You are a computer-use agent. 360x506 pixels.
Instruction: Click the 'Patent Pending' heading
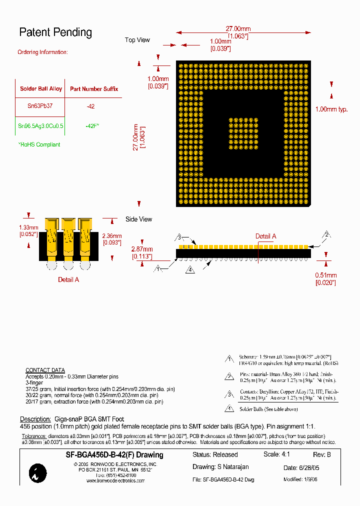pyautogui.click(x=55, y=32)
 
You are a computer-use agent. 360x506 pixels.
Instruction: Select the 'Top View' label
pyautogui.click(x=137, y=40)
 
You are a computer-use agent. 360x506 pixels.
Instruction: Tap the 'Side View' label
pyautogui.click(x=138, y=219)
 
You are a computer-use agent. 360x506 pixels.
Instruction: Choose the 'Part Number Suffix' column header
pyautogui.click(x=93, y=89)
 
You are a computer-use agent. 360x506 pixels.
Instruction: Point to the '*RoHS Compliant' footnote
pyautogui.click(x=39, y=144)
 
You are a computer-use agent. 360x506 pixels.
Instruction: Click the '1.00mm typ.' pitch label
pyautogui.click(x=331, y=109)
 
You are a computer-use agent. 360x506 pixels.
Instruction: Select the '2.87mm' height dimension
pyautogui.click(x=142, y=249)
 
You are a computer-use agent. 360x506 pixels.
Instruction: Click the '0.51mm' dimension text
pyautogui.click(x=325, y=275)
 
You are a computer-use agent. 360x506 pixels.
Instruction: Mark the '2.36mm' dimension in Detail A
pyautogui.click(x=111, y=236)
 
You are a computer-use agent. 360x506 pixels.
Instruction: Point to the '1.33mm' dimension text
pyautogui.click(x=29, y=227)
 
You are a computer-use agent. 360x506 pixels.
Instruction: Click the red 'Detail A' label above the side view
pyautogui.click(x=265, y=236)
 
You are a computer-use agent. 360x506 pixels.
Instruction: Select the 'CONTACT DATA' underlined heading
pyautogui.click(x=45, y=370)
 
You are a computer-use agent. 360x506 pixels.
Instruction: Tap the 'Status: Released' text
pyautogui.click(x=215, y=455)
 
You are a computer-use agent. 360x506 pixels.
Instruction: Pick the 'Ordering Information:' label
pyautogui.click(x=42, y=52)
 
